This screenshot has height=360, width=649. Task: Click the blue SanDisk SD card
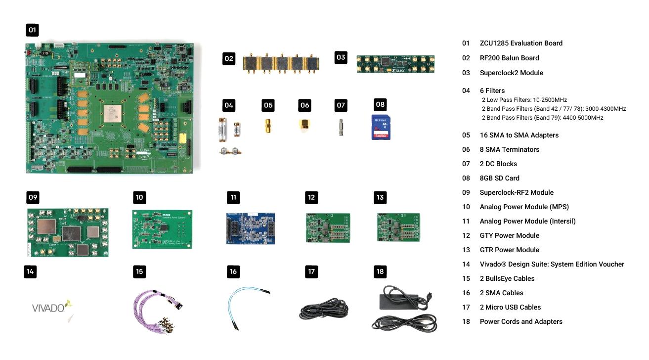coord(381,127)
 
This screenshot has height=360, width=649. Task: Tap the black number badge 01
coord(32,30)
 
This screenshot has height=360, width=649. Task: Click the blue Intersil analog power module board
coord(250,229)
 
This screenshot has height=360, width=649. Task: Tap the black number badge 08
coord(380,104)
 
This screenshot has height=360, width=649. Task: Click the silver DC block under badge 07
coord(341,127)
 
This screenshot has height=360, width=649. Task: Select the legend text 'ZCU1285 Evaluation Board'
coord(521,43)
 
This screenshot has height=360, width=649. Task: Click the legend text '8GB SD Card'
coord(499,178)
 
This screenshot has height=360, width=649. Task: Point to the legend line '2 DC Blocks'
coord(498,164)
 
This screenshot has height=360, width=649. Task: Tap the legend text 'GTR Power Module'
coord(509,250)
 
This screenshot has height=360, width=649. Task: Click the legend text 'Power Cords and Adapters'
coord(521,321)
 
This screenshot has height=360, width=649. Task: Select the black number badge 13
coord(380,197)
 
